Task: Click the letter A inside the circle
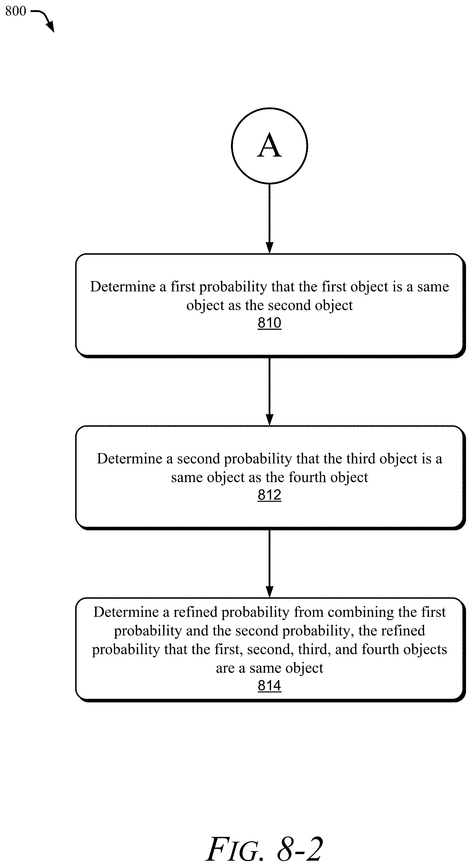269,145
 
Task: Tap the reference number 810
269,323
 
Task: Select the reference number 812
269,495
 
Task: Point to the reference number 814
269,685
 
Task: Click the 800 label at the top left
15,11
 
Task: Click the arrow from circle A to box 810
269,219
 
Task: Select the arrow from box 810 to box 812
269,391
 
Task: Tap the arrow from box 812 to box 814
269,563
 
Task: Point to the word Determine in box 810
123,287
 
